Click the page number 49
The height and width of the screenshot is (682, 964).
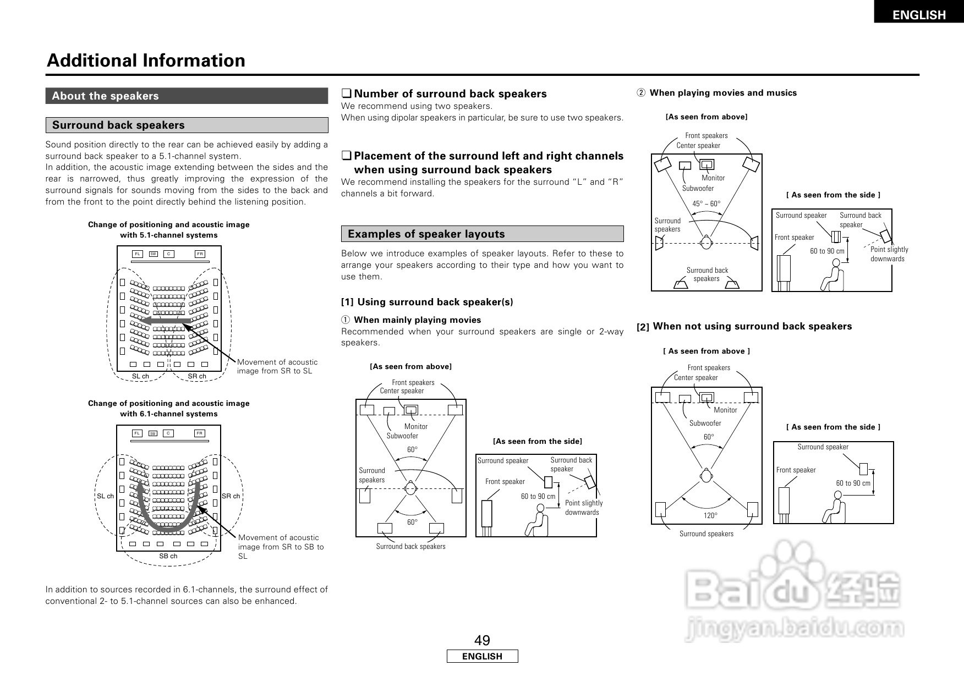point(482,640)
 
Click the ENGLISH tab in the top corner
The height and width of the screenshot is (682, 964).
point(918,15)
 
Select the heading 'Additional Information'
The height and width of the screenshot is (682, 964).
point(146,61)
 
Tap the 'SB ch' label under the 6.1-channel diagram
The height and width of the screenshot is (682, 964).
point(168,556)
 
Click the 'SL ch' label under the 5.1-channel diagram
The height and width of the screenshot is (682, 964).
point(140,376)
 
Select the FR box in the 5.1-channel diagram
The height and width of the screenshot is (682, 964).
point(200,254)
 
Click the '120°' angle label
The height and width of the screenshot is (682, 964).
point(710,515)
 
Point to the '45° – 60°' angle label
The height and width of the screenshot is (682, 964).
point(706,204)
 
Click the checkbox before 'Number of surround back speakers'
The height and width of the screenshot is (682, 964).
point(346,94)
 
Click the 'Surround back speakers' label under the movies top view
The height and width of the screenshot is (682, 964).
point(410,546)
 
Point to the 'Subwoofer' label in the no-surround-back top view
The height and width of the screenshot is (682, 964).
point(705,423)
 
